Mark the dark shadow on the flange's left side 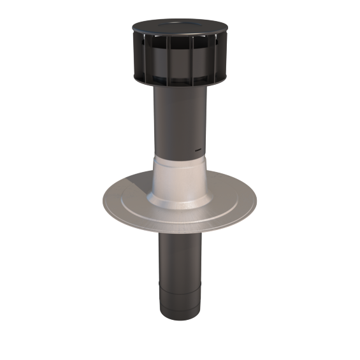point(124,203)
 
